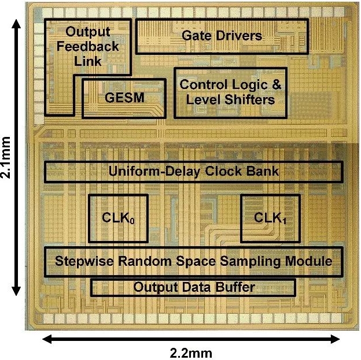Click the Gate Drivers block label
tap(222, 36)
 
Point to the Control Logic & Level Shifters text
tap(230, 92)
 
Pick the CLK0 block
tap(118, 218)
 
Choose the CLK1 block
tap(271, 218)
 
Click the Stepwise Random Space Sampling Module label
tap(194, 261)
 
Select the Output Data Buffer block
tap(194, 287)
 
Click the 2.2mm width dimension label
tap(190, 352)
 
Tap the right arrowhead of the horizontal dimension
tap(340, 339)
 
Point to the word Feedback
tap(91, 46)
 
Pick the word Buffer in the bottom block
tap(237, 287)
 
